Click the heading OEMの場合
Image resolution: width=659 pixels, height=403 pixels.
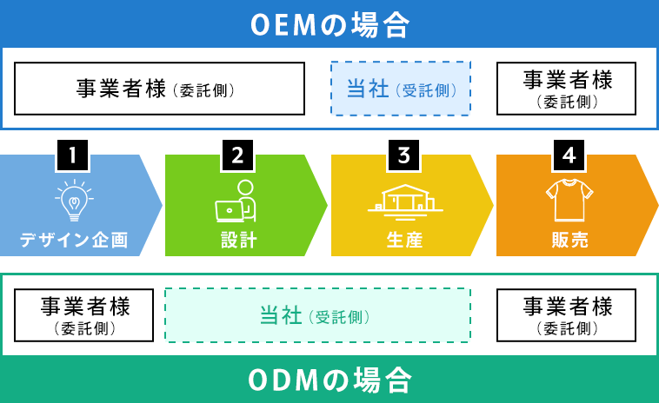(329, 24)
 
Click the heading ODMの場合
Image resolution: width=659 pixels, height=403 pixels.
(329, 380)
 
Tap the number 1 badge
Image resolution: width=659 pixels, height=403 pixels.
(72, 155)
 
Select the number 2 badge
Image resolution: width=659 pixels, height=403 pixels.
(237, 155)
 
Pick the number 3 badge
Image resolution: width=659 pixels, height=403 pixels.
(403, 155)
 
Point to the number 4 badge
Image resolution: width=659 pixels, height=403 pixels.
(569, 155)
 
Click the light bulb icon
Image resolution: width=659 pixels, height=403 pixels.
(74, 201)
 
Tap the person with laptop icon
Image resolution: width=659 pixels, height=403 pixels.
(236, 201)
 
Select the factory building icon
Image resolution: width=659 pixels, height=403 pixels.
(405, 202)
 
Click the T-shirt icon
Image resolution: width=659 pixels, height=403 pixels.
(569, 200)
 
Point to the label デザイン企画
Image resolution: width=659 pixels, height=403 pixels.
(74, 240)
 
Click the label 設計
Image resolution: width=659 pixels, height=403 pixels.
(239, 240)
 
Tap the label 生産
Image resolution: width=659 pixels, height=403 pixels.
(404, 240)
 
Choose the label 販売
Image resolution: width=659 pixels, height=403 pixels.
(569, 240)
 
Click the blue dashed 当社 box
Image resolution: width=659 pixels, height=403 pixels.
(401, 89)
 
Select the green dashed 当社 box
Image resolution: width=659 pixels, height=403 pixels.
(317, 315)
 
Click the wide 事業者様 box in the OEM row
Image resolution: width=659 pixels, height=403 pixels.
(159, 89)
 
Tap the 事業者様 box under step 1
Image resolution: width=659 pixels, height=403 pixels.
(83, 315)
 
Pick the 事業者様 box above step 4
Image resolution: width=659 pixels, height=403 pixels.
(566, 89)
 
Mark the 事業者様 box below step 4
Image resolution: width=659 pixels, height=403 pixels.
(566, 315)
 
